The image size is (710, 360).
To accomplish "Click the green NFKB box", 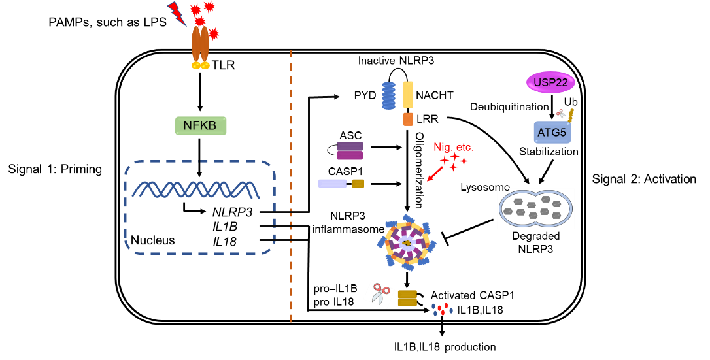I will (x=201, y=125).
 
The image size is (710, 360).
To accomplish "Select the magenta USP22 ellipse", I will (x=550, y=82).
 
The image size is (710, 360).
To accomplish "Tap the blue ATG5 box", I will (x=552, y=133).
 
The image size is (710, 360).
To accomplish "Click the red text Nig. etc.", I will (x=453, y=147).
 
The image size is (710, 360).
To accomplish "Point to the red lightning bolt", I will (x=177, y=13).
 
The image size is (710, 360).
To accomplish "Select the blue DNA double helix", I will (x=196, y=189).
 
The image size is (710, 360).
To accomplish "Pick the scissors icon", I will (x=379, y=294).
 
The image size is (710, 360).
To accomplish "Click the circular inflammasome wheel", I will (x=407, y=243).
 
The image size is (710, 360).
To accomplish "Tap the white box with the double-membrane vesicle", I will (x=535, y=208).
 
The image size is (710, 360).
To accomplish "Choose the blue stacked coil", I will (x=388, y=95).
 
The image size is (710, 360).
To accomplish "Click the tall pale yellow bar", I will (x=408, y=95).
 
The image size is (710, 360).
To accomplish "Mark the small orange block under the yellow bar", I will (x=408, y=119).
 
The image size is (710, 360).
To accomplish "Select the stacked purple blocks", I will (x=350, y=151).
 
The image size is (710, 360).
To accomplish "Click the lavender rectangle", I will (x=332, y=184).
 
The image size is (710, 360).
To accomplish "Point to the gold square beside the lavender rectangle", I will (x=358, y=184).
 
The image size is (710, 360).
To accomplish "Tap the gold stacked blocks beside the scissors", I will (x=407, y=298).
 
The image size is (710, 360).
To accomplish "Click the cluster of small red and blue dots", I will (x=442, y=309).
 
